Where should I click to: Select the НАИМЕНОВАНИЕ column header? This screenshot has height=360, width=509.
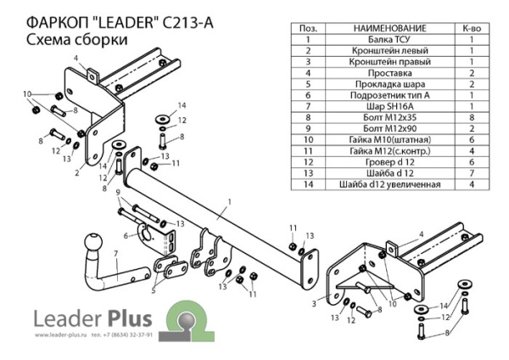pos(386,28)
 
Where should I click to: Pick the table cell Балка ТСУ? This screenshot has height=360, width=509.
pos(386,39)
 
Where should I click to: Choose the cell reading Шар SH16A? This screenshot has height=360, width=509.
pos(386,107)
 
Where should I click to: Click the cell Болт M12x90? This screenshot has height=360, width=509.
pos(386,129)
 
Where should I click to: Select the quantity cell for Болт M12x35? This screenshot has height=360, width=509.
pos(467,118)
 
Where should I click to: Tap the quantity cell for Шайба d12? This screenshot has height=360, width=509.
pos(467,173)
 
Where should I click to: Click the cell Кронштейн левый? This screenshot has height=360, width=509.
pos(386,51)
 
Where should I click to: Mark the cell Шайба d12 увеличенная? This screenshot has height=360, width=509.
pos(386,184)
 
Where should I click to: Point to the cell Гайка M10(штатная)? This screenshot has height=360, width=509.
pos(386,140)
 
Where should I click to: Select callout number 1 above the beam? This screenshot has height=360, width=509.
pos(228,201)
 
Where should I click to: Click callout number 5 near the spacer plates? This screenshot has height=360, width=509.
pos(154,291)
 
